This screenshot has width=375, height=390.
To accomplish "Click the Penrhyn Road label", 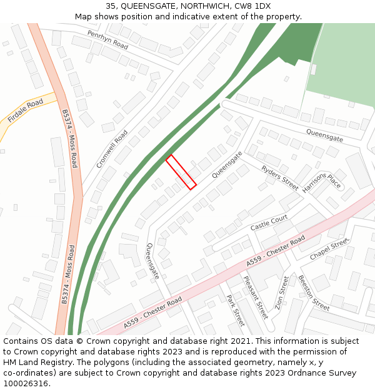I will [107, 40].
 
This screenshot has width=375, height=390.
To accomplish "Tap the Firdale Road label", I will [26, 110].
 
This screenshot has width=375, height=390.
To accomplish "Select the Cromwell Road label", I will [112, 149].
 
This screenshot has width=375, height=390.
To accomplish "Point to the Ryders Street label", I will [280, 178].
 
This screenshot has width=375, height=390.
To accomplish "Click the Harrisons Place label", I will [321, 182].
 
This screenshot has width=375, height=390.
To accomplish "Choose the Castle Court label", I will [269, 223].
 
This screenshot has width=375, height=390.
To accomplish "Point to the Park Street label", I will [235, 310].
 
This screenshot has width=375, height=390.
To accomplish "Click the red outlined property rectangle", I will [181, 172].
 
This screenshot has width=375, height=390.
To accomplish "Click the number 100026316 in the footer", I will [27, 384].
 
